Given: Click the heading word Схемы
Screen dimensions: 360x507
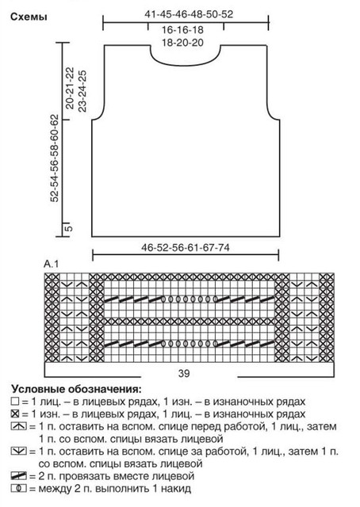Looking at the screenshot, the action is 29,17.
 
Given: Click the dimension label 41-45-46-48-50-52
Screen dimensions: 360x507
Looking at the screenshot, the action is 189,14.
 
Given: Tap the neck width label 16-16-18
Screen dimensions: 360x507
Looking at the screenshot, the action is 182,30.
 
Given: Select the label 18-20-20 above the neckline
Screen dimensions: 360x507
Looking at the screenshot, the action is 182,42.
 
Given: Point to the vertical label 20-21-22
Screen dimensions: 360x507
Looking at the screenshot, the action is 70,88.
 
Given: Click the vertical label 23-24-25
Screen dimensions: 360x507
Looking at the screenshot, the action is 82,91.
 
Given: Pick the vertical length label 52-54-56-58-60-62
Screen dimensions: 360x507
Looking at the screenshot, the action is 55,158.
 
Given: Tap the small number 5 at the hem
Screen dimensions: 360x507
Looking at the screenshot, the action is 69,228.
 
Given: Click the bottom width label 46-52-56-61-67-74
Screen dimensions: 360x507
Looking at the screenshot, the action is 186,248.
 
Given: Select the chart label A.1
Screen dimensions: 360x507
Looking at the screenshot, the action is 52,264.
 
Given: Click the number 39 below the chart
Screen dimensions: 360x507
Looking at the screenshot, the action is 183,373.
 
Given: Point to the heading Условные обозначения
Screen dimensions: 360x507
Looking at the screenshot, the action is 77,389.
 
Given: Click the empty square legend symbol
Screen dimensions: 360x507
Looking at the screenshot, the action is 15,402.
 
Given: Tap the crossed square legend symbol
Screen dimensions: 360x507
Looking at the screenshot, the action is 15,414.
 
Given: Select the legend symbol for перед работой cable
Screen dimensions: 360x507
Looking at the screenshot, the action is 18,426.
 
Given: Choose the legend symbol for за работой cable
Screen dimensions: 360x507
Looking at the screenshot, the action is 18,451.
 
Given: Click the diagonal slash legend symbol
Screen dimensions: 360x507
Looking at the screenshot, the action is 18,476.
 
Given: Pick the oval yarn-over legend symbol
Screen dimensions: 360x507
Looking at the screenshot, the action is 18,488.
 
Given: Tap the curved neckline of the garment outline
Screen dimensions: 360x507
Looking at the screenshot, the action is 186,63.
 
